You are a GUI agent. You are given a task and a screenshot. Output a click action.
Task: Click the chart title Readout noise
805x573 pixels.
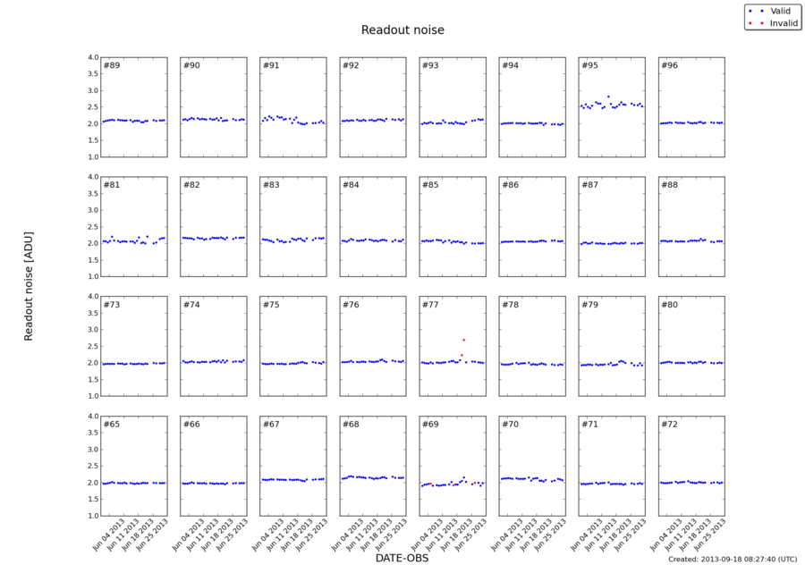click(x=402, y=30)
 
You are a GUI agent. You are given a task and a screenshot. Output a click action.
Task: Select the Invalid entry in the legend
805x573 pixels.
click(x=784, y=22)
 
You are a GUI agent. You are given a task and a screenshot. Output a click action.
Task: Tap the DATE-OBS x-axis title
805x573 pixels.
click(x=402, y=558)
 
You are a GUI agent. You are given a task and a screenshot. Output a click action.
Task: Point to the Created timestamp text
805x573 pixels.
click(x=732, y=559)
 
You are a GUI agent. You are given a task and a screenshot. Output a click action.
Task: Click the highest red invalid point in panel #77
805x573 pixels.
click(x=463, y=340)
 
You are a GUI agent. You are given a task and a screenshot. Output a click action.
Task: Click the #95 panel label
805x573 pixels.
click(x=589, y=66)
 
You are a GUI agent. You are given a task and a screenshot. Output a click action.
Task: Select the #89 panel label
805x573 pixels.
click(x=112, y=66)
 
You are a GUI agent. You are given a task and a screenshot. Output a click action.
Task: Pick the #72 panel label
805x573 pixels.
click(x=669, y=424)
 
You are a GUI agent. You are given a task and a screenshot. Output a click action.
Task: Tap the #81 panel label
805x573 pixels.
click(x=112, y=185)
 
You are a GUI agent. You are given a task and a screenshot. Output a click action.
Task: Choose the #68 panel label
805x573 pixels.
click(x=351, y=424)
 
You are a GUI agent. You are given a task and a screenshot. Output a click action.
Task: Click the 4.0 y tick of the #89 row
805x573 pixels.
click(x=93, y=58)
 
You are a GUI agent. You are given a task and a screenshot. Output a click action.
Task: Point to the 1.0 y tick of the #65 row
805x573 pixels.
click(x=93, y=516)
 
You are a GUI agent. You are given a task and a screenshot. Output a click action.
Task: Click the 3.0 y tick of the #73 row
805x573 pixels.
click(x=93, y=330)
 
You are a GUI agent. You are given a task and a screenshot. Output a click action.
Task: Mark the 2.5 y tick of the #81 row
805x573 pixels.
click(x=93, y=227)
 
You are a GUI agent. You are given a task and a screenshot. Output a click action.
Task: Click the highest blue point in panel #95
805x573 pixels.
click(x=608, y=97)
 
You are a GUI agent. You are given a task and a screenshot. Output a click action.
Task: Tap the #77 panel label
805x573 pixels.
click(x=430, y=305)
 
